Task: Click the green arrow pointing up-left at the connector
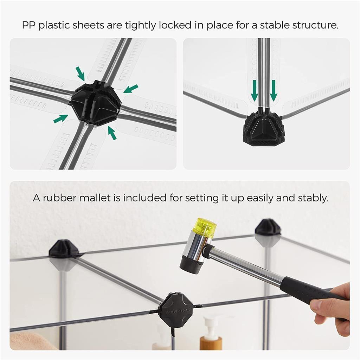(112, 133)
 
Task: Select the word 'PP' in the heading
(29, 25)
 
